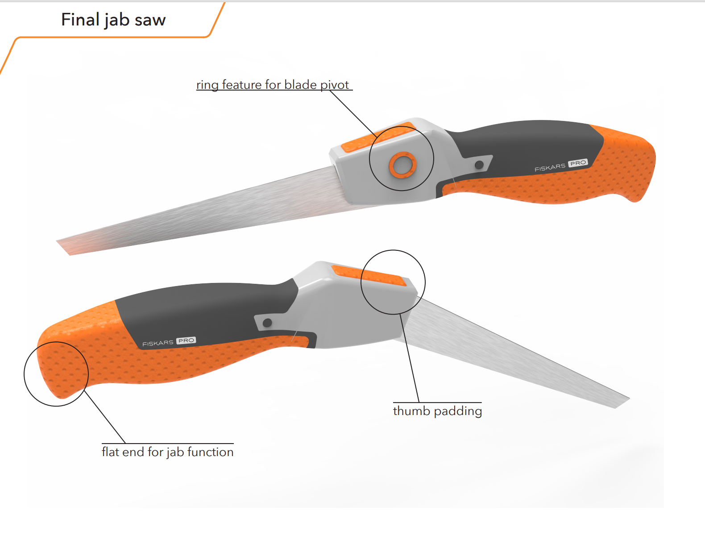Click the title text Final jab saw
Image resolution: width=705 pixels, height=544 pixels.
click(x=113, y=20)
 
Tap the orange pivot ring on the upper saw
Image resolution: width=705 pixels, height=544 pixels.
click(x=402, y=165)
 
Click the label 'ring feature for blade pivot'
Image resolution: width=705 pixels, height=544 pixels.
click(x=273, y=85)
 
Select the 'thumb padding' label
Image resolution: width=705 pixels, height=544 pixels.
click(x=437, y=411)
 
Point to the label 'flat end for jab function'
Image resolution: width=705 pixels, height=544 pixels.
click(x=167, y=452)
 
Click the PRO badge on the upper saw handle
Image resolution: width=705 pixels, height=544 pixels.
click(x=578, y=163)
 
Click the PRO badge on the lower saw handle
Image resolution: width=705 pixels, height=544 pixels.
click(x=186, y=341)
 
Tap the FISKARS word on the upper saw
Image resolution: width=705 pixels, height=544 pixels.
click(x=550, y=168)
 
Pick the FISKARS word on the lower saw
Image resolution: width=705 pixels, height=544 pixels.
click(x=158, y=343)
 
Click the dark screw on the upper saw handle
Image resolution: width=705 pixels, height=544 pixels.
click(x=479, y=165)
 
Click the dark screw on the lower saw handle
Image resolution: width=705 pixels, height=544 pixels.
click(x=267, y=323)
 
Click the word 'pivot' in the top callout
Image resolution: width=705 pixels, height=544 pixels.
click(x=335, y=85)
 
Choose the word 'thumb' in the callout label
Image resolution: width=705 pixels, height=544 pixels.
click(x=411, y=411)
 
